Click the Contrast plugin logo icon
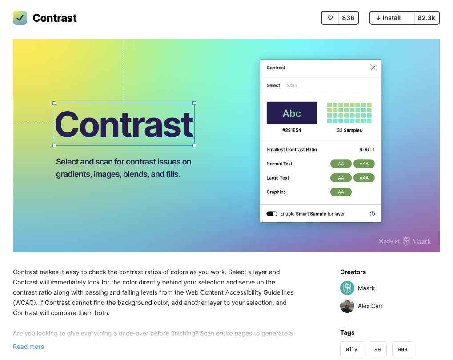point(20,18)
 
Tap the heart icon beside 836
point(330,18)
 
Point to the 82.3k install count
point(426,18)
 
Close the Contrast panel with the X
point(373,68)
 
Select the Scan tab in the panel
point(292,85)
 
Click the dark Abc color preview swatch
point(292,113)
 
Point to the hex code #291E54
point(292,130)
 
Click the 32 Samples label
point(349,130)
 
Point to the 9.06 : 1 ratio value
point(367,150)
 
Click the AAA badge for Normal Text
point(364,164)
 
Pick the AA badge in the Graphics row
point(341,192)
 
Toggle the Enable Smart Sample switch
point(272,214)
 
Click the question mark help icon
point(372,214)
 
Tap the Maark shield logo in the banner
point(406,241)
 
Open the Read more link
point(28,347)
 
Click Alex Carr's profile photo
point(347,306)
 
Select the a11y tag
point(351,349)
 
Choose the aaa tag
point(402,349)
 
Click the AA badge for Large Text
point(341,178)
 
